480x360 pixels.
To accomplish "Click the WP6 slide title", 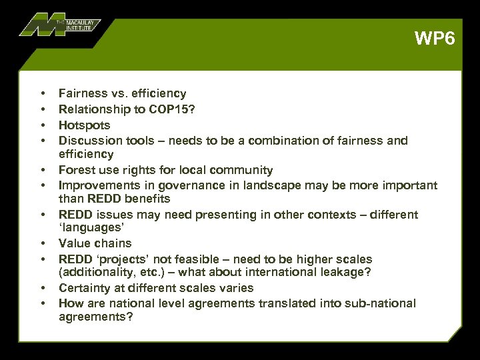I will tap(434, 38).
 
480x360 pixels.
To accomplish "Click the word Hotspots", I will tap(85, 125).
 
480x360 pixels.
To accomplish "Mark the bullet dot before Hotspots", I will tap(42, 125).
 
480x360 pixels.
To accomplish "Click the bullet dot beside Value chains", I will tap(42, 243).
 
